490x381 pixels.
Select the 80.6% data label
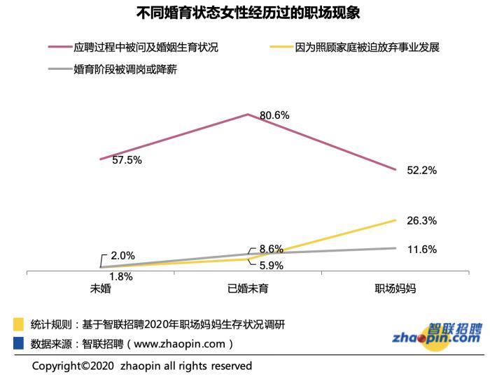[x=274, y=115]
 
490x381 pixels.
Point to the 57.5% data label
[x=127, y=160]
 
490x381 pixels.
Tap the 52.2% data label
[x=421, y=170]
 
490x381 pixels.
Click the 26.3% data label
[x=421, y=221]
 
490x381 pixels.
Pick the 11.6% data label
[x=421, y=250]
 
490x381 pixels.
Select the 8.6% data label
[x=271, y=249]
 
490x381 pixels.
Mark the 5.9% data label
[x=271, y=266]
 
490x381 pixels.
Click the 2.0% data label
[x=122, y=256]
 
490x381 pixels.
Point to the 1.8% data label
[x=121, y=276]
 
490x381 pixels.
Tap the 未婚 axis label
[x=101, y=288]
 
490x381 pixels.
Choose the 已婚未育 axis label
[x=248, y=288]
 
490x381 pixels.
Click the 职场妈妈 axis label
[x=395, y=288]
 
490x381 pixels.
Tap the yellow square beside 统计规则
[x=19, y=324]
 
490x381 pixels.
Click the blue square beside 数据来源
[x=19, y=343]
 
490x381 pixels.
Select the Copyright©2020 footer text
[x=142, y=366]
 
